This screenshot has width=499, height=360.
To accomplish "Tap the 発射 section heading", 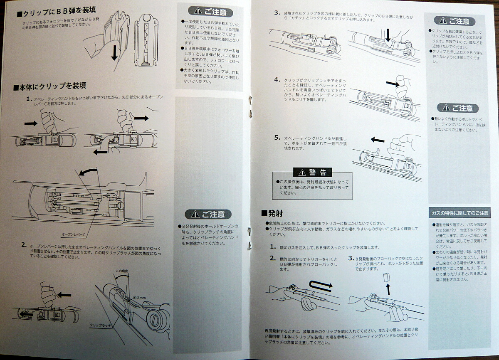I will coord(272,213).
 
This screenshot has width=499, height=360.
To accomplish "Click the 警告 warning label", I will coord(312,172).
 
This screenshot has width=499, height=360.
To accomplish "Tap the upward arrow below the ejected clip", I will coord(389,288).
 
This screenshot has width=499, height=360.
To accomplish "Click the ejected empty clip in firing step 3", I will coord(386,276).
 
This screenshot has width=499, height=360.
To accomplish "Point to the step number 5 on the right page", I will coord(277,137).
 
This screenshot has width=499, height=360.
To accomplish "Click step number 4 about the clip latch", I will coord(277,79).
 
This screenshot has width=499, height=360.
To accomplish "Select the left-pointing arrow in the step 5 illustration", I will coord(378,141).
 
